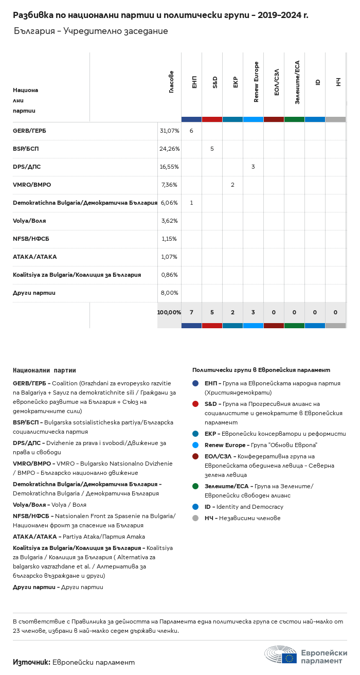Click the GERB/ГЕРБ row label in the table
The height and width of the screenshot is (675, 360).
(29, 131)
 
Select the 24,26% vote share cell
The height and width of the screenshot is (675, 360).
(169, 149)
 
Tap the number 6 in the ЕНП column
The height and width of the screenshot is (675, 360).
(191, 131)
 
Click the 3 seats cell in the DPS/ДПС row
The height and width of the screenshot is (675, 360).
(253, 167)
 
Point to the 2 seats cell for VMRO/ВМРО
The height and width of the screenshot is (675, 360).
(232, 185)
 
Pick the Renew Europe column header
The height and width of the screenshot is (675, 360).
(256, 82)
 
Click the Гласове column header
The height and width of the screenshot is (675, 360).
(171, 82)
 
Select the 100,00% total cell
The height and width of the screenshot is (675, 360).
(169, 312)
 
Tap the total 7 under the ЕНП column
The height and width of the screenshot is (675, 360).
(191, 312)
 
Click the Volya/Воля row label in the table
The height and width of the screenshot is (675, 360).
(29, 221)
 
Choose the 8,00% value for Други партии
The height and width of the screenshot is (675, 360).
(169, 293)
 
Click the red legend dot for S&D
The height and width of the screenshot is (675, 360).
(195, 404)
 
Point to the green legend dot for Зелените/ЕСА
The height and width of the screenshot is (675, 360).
(195, 486)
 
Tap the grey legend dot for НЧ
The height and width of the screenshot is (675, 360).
(195, 518)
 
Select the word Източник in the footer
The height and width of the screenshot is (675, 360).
(31, 662)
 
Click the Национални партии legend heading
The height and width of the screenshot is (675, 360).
(44, 370)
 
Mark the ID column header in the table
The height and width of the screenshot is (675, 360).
(318, 82)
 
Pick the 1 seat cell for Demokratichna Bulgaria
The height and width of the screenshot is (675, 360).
(191, 203)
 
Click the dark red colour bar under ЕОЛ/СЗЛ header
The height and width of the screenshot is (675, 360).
(274, 119)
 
